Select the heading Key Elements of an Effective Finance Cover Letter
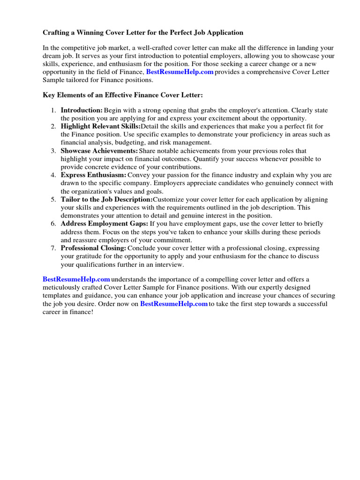tap(123, 95)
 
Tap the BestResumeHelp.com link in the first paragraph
tap(180, 72)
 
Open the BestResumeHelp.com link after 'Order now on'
tap(174, 304)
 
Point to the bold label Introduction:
tap(82, 110)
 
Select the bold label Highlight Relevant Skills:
tap(100, 127)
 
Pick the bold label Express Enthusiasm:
tap(93, 175)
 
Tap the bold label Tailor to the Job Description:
tap(106, 199)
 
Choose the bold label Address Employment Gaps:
tap(104, 224)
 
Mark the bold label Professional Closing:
tap(93, 248)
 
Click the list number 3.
tap(53, 151)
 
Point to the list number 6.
tap(53, 224)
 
